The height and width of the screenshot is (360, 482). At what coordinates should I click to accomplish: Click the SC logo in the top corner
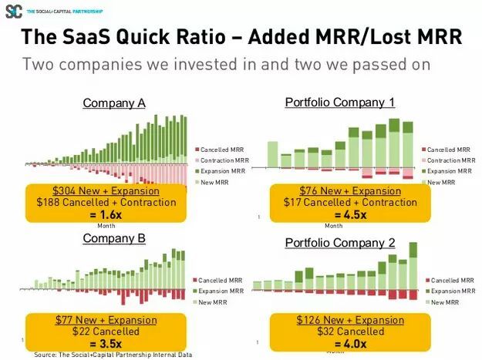(13, 12)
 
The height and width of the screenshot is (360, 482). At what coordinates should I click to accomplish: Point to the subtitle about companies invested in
(225, 64)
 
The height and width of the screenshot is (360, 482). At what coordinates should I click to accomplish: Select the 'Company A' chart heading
(113, 103)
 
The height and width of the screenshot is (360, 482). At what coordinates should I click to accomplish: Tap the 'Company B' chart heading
(113, 238)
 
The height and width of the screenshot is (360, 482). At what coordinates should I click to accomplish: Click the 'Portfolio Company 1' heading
(339, 102)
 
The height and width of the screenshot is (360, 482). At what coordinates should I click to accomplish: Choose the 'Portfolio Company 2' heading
(339, 243)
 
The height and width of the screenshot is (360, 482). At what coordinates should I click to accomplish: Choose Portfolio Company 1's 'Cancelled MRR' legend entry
(450, 149)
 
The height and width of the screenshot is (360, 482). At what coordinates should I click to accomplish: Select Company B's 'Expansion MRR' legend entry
(221, 291)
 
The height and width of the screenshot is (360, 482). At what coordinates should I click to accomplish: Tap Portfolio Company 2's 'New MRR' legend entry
(445, 302)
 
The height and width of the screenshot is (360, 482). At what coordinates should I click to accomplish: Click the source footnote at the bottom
(113, 355)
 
